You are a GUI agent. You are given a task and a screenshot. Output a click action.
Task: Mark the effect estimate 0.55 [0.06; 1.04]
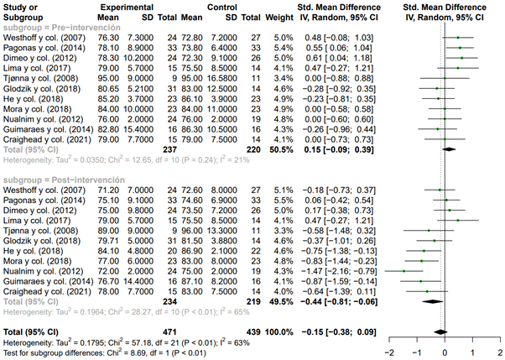point(335,49)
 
